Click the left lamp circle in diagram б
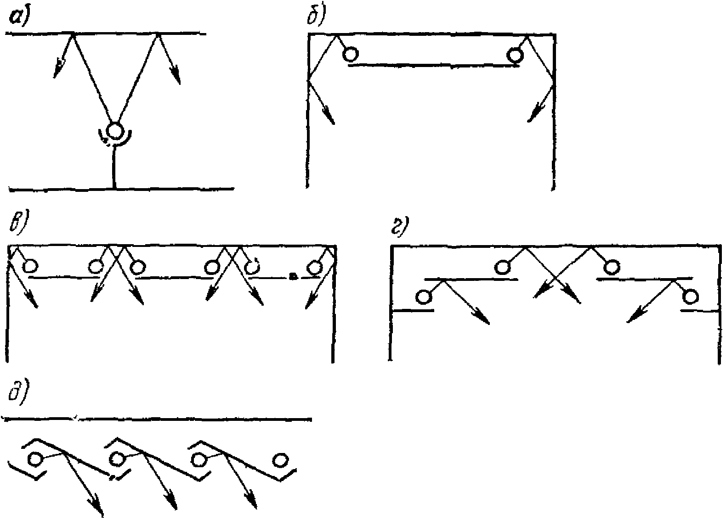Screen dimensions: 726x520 tap(350, 55)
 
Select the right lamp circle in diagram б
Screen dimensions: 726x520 tap(516, 56)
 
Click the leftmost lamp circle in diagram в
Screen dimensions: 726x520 tap(30, 267)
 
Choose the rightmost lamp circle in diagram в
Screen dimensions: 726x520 tap(314, 267)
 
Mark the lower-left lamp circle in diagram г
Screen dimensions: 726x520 tap(424, 297)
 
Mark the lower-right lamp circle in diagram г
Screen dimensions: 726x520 tap(690, 296)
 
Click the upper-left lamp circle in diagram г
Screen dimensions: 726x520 tap(502, 267)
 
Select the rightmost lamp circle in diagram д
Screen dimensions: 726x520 tap(280, 460)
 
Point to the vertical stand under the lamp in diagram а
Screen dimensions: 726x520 tap(114, 167)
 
